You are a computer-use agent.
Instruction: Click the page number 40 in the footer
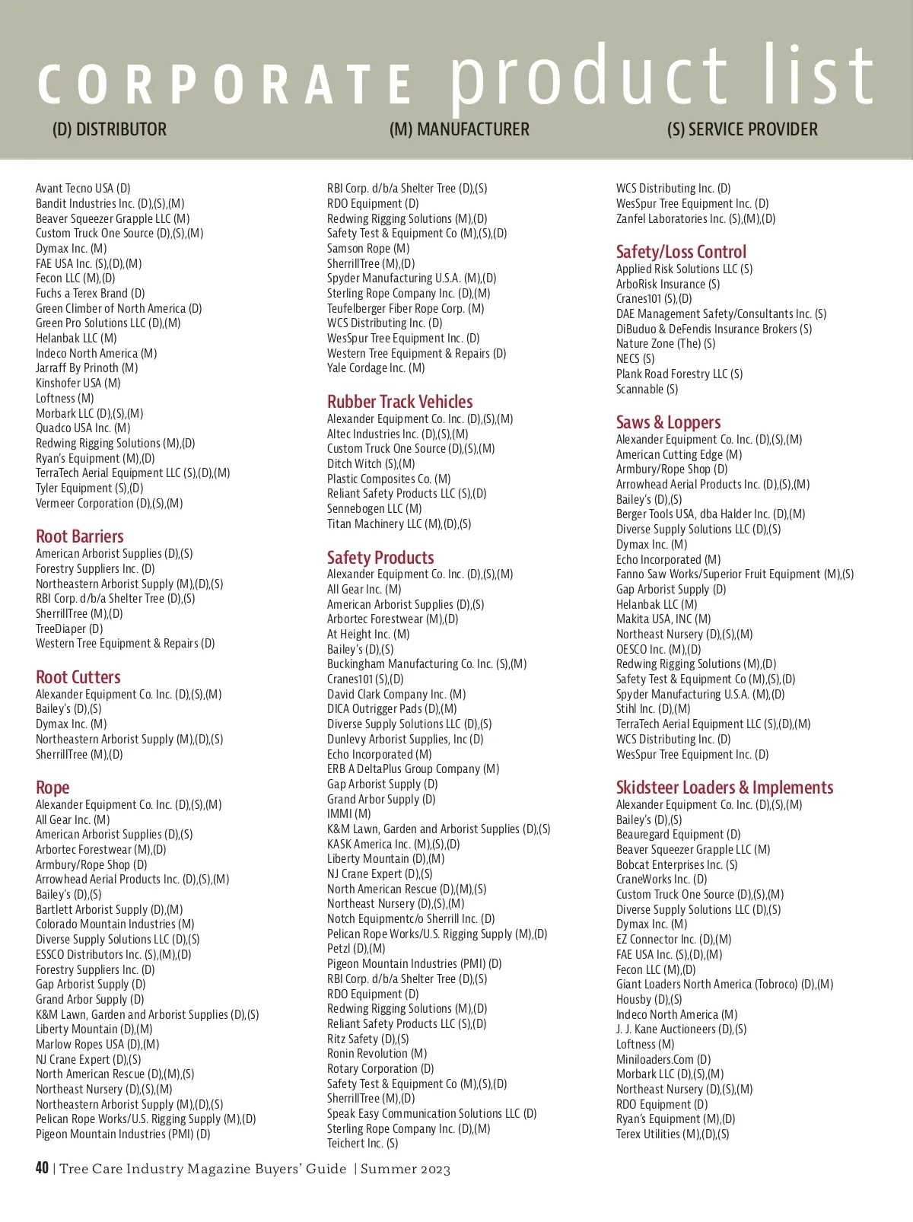(x=42, y=1168)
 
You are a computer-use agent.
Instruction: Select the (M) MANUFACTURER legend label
(x=459, y=129)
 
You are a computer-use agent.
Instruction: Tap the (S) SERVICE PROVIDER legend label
(x=742, y=129)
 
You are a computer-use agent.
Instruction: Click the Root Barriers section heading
(x=79, y=536)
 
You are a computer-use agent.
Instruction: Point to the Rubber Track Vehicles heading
(x=399, y=402)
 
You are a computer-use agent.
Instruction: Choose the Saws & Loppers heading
(x=668, y=422)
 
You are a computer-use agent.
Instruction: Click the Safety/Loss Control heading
(x=681, y=252)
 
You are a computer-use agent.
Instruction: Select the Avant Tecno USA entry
(x=83, y=188)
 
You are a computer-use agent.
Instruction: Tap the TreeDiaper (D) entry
(x=69, y=629)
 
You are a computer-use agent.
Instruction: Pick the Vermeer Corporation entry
(x=109, y=504)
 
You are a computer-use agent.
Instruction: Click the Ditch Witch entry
(x=371, y=463)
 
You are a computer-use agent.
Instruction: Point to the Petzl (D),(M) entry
(x=356, y=949)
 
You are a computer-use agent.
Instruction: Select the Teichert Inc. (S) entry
(x=362, y=1143)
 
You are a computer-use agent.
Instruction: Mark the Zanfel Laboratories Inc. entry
(x=695, y=218)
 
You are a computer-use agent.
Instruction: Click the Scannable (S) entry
(x=647, y=389)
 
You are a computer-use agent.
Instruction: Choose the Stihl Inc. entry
(x=653, y=708)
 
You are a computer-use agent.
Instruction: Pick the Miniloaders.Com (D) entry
(x=663, y=1059)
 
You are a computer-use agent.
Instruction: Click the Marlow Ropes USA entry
(x=97, y=1044)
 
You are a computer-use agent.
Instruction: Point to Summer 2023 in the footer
(x=406, y=1169)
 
